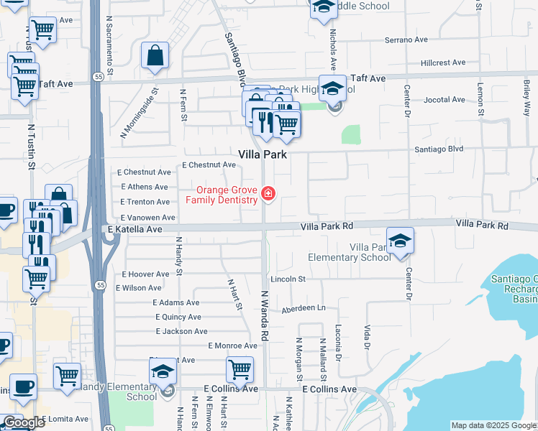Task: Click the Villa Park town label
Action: (263, 154)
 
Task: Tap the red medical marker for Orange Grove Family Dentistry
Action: (268, 193)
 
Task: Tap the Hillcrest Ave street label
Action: (443, 63)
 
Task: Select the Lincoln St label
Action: (288, 279)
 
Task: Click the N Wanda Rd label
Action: (265, 317)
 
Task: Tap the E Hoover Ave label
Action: (146, 274)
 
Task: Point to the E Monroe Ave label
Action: (232, 346)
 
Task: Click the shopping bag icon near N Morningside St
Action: (155, 55)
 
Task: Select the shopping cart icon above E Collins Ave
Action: (240, 369)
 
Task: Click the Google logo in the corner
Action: (24, 422)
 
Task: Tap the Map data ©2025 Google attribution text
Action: (493, 425)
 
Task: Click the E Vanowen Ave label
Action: (148, 217)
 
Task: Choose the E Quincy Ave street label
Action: (177, 316)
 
